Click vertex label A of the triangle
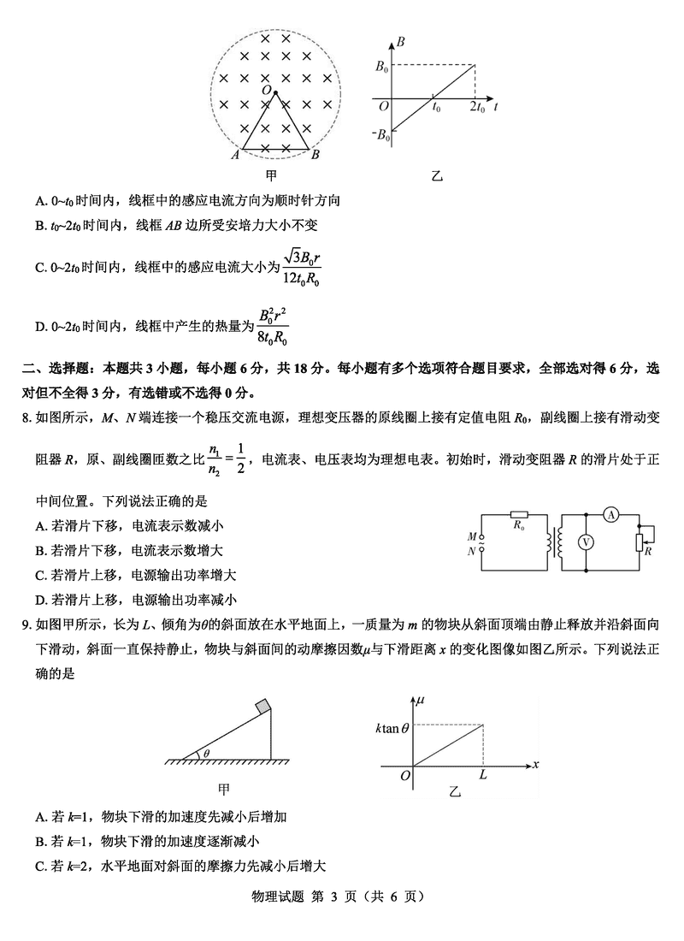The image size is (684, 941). coord(234,155)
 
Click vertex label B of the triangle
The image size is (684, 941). coord(315,155)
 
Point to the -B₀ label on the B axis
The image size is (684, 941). coord(380,134)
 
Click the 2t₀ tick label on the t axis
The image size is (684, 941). coord(477,108)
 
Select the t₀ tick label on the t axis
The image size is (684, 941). coord(436,108)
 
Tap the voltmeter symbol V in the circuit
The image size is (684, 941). coord(587,542)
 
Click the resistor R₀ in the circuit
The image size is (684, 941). coord(518,516)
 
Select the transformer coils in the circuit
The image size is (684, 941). coord(561,542)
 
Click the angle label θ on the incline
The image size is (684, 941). coord(205,753)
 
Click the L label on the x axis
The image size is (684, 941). coord(483,774)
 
